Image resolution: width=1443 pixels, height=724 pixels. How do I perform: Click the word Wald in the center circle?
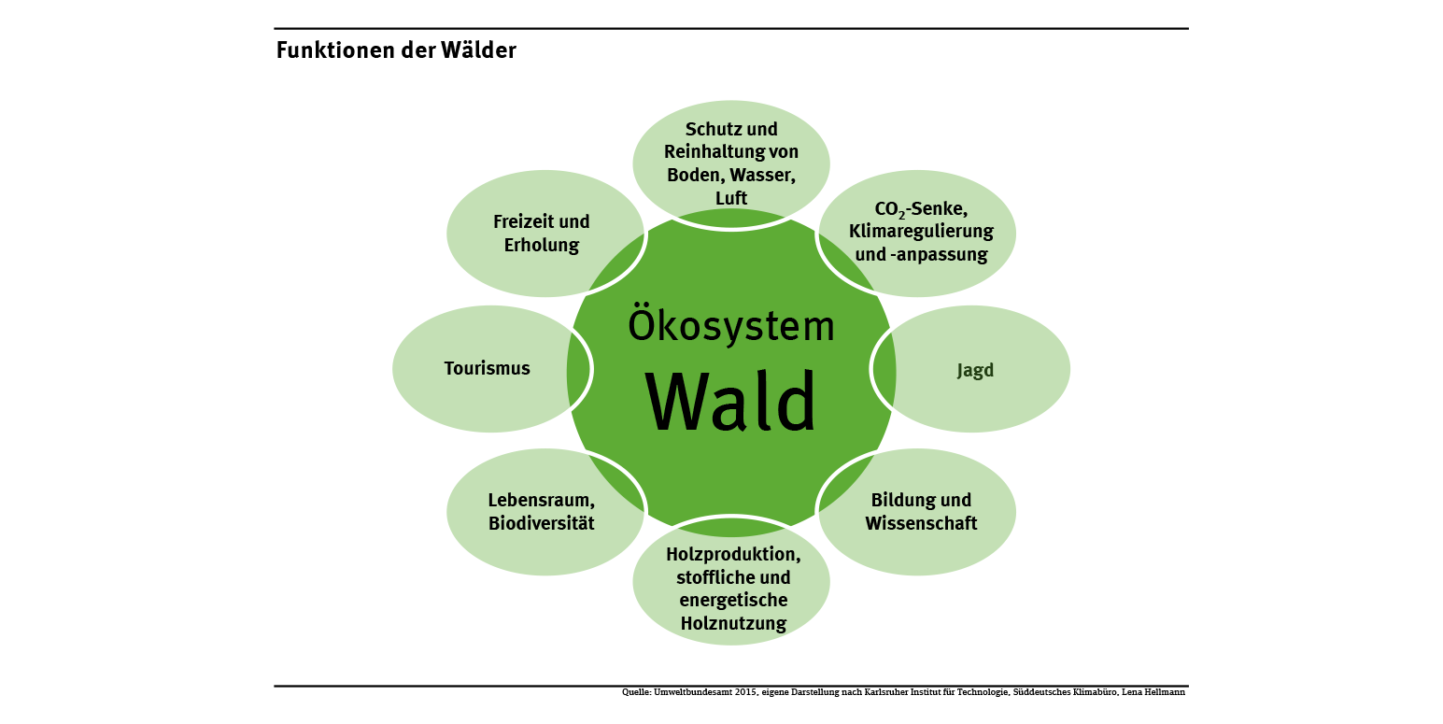[731, 403]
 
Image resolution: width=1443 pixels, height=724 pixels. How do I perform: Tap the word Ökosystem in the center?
[731, 325]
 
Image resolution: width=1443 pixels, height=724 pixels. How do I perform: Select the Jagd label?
[975, 370]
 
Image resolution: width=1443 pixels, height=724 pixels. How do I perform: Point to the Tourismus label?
[487, 368]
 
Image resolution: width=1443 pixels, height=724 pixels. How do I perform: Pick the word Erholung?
[542, 246]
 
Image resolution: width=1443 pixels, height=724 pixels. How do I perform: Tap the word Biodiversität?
[542, 523]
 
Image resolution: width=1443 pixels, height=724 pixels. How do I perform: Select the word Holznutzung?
[732, 622]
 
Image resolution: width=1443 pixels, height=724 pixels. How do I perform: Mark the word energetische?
[733, 600]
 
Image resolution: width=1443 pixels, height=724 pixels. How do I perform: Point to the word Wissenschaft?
[921, 523]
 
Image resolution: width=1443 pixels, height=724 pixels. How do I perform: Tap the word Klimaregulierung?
[921, 231]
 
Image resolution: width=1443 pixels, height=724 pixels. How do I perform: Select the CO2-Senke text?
[914, 208]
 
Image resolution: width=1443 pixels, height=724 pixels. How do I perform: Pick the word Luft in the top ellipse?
[731, 197]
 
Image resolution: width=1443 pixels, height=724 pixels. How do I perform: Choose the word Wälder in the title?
[481, 50]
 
